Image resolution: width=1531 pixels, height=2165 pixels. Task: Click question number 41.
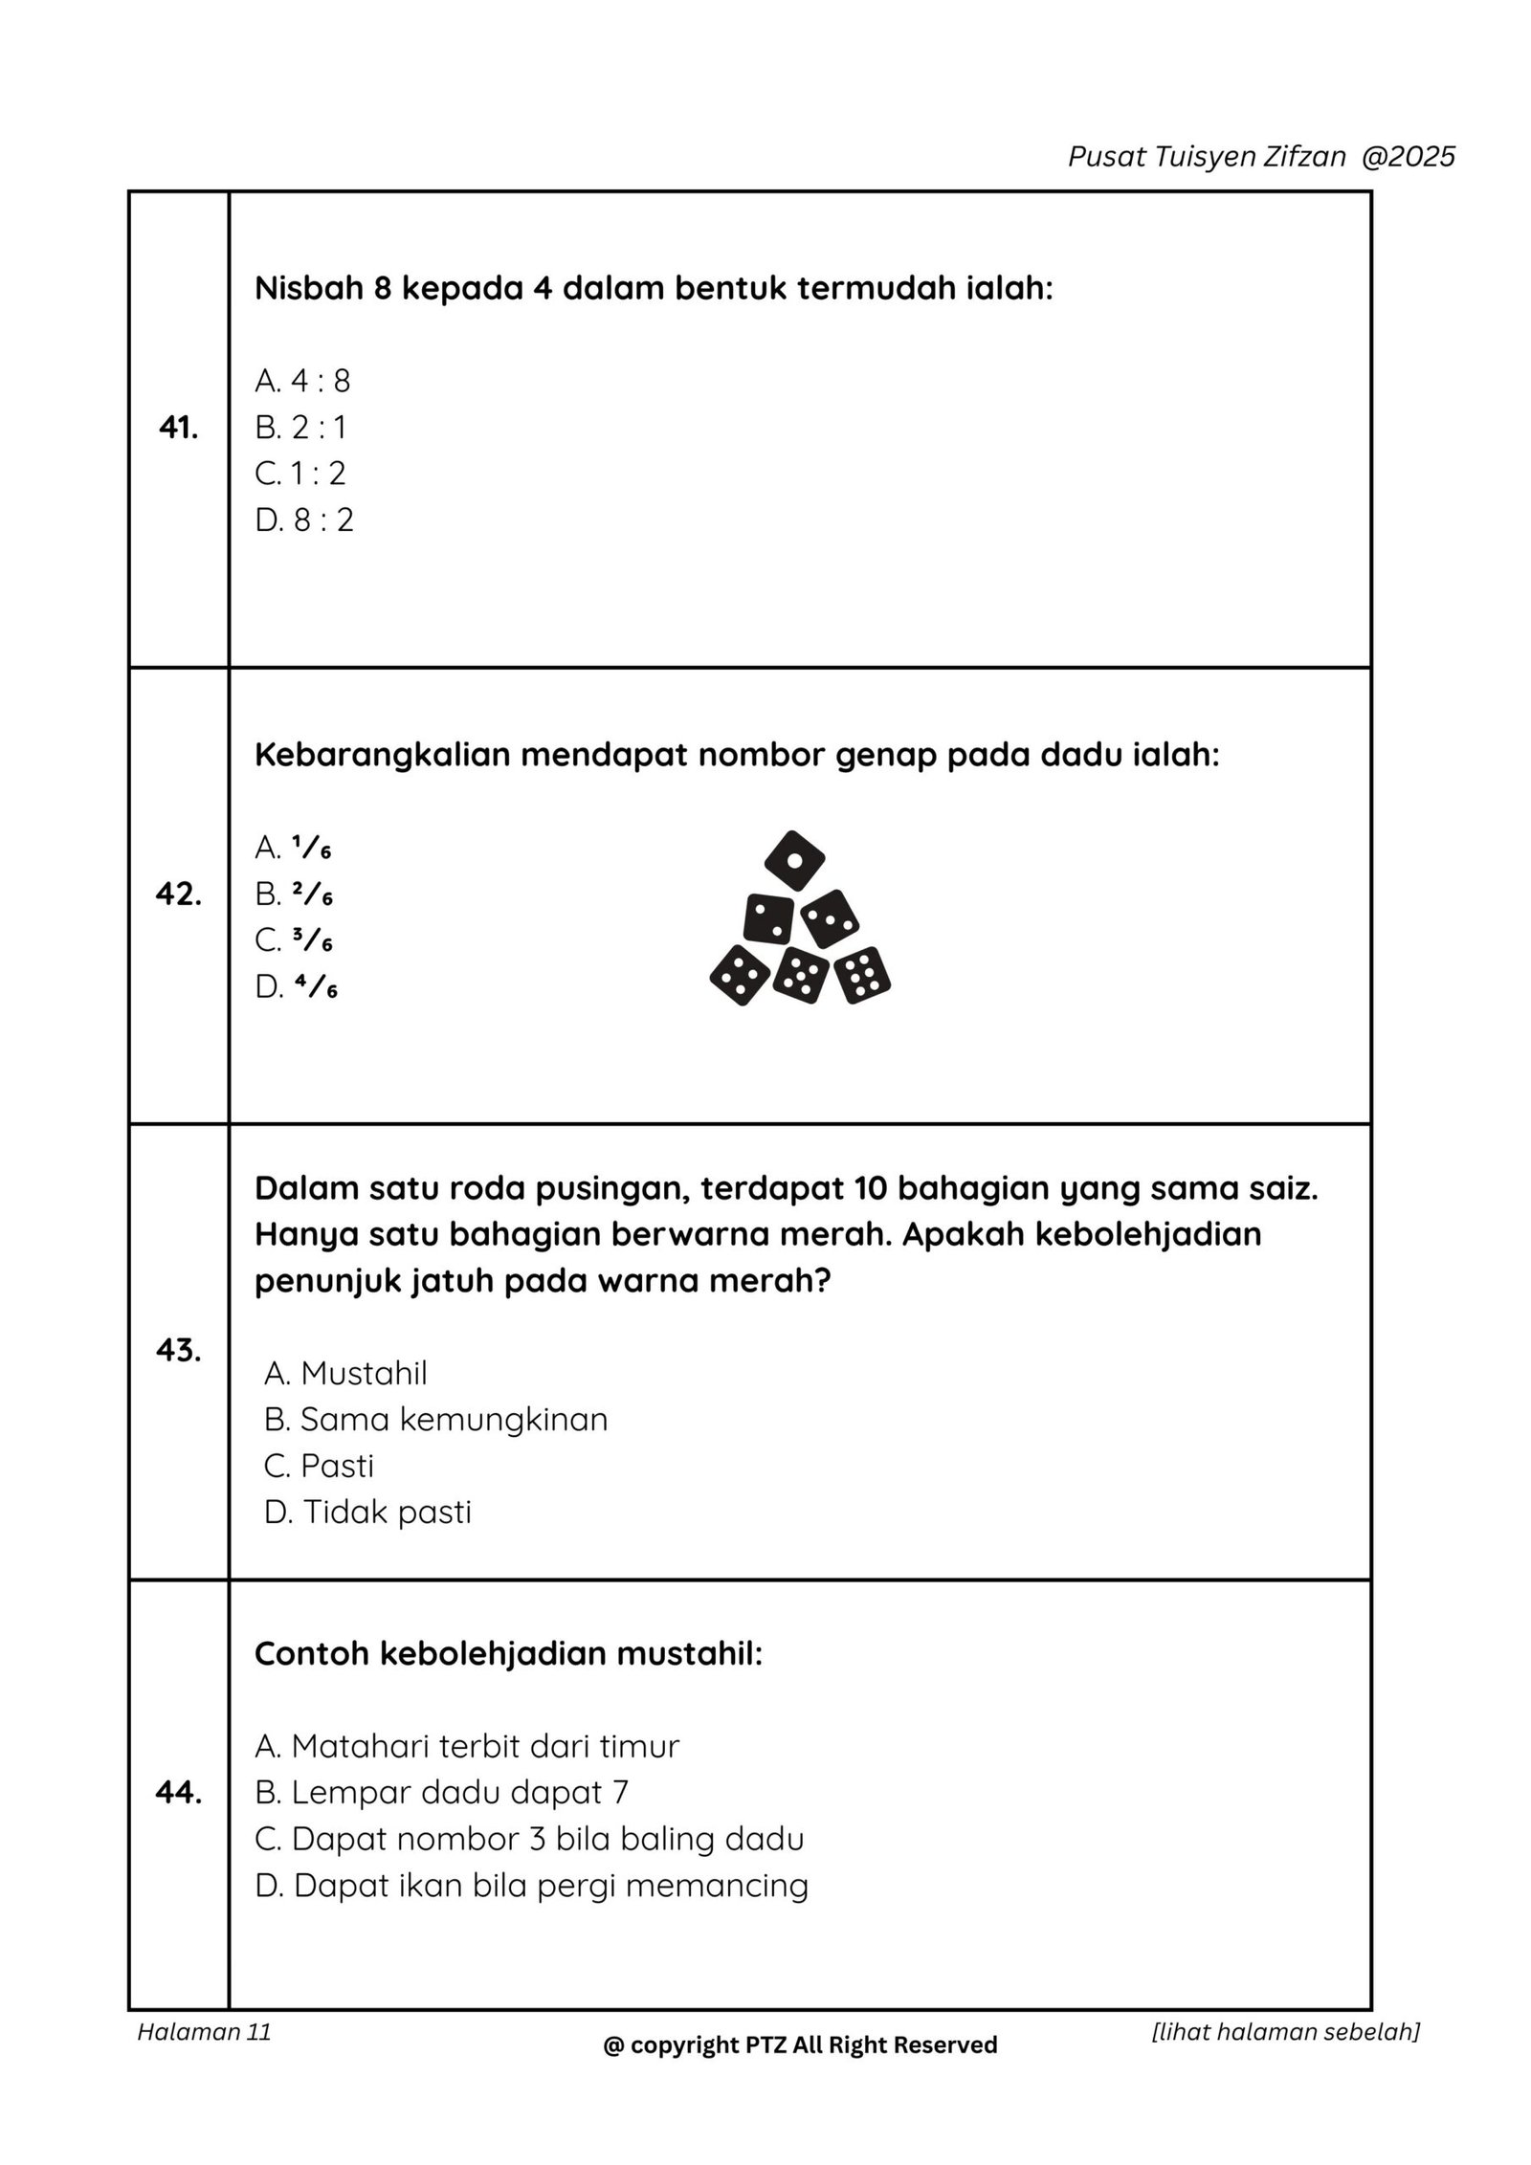click(179, 429)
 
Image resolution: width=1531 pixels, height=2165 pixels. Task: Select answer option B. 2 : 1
click(300, 427)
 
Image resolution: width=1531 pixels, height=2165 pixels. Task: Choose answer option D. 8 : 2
click(304, 519)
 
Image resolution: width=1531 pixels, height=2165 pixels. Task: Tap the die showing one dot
click(794, 859)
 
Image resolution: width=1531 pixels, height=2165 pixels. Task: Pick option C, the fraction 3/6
click(294, 940)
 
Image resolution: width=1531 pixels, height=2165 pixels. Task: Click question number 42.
click(179, 895)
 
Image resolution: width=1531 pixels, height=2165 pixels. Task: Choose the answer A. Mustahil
click(345, 1373)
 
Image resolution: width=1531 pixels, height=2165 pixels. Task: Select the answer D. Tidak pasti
click(367, 1512)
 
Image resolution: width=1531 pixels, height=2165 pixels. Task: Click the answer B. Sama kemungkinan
click(435, 1419)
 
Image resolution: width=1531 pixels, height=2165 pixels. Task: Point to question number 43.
click(179, 1351)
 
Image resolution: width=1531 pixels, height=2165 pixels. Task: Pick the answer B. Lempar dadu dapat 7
click(441, 1792)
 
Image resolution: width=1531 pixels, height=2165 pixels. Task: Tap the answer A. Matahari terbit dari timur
click(467, 1746)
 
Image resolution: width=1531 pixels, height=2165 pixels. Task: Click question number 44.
click(179, 1793)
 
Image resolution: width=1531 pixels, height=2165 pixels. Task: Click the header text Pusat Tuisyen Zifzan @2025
click(1261, 157)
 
